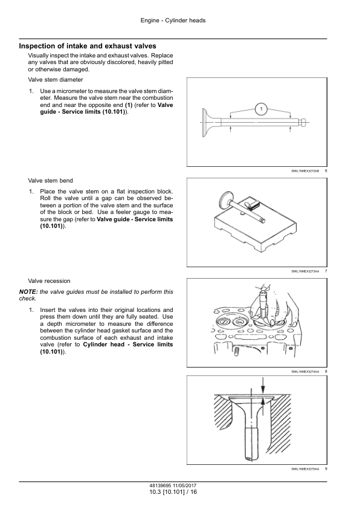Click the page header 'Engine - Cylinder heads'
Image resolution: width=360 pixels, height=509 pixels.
[x=173, y=21]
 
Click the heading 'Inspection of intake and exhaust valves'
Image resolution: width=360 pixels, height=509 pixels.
[x=88, y=46]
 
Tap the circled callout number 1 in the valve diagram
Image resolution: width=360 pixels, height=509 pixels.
[x=262, y=109]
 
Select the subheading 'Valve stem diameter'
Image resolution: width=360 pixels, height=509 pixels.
[x=56, y=80]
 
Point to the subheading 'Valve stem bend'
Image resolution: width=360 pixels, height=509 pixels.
[x=50, y=181]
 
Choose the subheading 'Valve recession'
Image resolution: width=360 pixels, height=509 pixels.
[x=49, y=280]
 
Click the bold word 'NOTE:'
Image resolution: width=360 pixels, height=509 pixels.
[x=28, y=292]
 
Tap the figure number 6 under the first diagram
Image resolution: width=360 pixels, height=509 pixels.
[x=326, y=170]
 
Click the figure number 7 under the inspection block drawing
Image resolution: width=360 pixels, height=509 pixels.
[x=326, y=271]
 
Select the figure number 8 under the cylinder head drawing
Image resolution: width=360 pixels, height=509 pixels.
[x=326, y=371]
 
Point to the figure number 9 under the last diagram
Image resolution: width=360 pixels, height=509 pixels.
[x=326, y=468]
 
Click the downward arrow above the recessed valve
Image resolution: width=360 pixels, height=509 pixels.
[x=263, y=385]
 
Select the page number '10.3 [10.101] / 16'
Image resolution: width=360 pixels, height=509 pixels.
[x=173, y=492]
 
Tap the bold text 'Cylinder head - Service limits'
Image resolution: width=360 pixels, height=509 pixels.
[x=128, y=345]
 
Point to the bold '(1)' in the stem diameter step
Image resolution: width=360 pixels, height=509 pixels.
[x=129, y=105]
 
